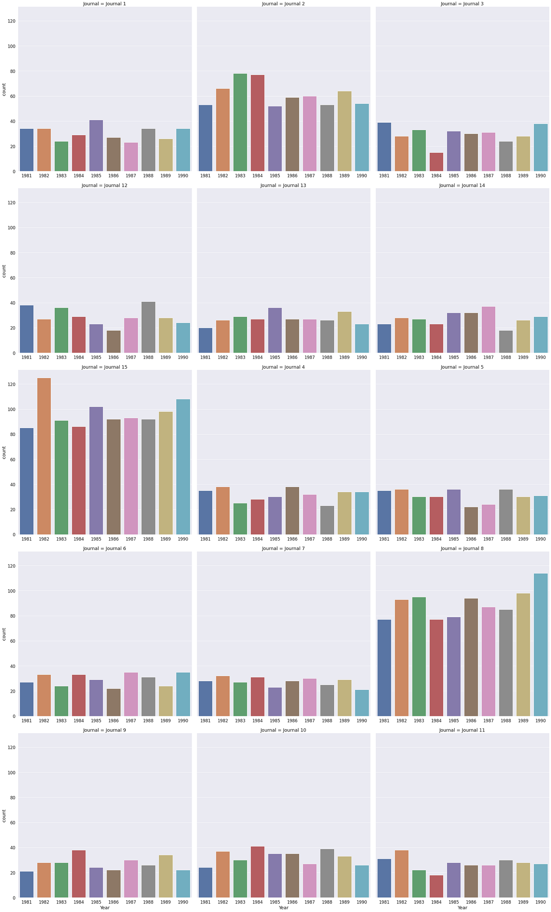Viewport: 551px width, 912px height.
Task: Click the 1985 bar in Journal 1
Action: click(x=96, y=146)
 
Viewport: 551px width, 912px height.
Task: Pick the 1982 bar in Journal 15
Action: click(x=44, y=456)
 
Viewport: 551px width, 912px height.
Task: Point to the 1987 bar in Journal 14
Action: click(x=488, y=330)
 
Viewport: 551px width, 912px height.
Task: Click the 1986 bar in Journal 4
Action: click(x=292, y=511)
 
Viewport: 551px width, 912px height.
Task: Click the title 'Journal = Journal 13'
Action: click(x=283, y=185)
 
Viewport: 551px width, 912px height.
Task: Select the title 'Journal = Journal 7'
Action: click(x=283, y=548)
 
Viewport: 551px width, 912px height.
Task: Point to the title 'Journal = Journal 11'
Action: click(x=462, y=730)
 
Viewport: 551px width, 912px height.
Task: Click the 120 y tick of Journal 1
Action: click(x=11, y=21)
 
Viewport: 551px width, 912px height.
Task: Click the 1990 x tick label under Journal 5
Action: click(x=540, y=539)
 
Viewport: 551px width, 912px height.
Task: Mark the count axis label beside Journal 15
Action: click(x=4, y=452)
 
